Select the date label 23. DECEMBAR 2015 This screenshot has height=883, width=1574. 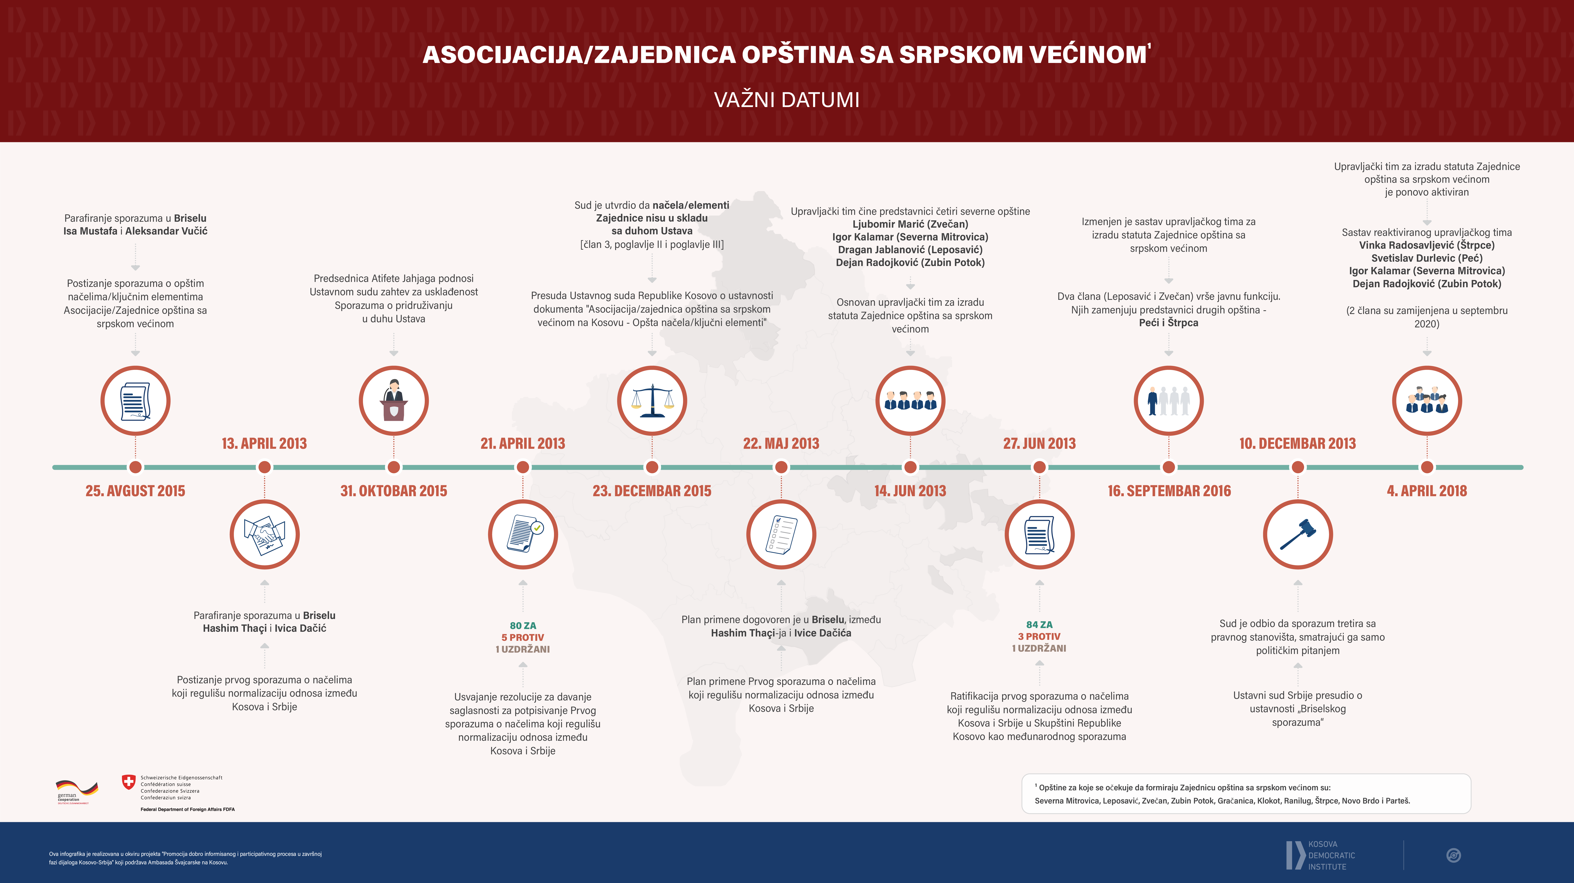pyautogui.click(x=652, y=491)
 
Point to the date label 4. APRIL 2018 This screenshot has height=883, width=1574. pyautogui.click(x=1427, y=491)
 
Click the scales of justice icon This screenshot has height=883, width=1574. pyautogui.click(x=652, y=401)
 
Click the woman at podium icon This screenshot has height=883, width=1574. pyautogui.click(x=393, y=401)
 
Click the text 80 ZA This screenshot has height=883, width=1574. pyautogui.click(x=523, y=626)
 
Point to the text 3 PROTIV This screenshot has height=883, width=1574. pyautogui.click(x=1039, y=636)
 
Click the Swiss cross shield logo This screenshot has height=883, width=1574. pyautogui.click(x=128, y=781)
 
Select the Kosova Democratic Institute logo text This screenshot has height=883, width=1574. pyautogui.click(x=1331, y=855)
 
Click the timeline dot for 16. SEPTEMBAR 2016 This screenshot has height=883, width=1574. pyautogui.click(x=1168, y=467)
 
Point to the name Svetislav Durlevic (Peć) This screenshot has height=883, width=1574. pyautogui.click(x=1427, y=258)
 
